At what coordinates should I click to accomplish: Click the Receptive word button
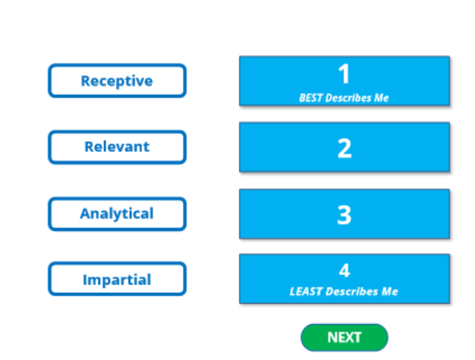tap(117, 81)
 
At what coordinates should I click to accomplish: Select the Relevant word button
tap(117, 147)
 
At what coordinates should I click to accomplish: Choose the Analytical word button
tap(117, 214)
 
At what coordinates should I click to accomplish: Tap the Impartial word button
tap(117, 279)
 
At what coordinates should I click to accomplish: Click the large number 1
tap(344, 74)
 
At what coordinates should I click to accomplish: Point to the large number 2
tap(345, 148)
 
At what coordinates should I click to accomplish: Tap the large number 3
tap(344, 215)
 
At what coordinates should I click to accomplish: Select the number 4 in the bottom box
tap(345, 270)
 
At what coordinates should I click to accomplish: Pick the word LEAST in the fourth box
tap(306, 291)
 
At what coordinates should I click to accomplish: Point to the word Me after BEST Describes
tap(382, 98)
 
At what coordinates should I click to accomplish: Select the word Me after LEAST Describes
tap(390, 291)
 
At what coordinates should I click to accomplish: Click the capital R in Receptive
tap(86, 81)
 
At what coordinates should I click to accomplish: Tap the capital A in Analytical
tap(86, 214)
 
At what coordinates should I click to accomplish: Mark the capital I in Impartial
tap(85, 279)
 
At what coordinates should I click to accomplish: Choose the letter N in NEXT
tap(332, 337)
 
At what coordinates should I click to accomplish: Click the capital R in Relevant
tap(90, 146)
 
